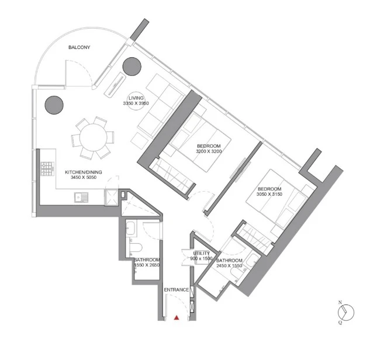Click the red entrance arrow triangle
pyautogui.click(x=176, y=317)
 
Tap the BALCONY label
pyautogui.click(x=80, y=47)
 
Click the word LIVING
pyautogui.click(x=136, y=98)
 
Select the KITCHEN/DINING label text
pyautogui.click(x=84, y=172)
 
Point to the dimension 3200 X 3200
pyautogui.click(x=209, y=151)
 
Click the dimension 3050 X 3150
pyautogui.click(x=269, y=194)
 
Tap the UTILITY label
pyautogui.click(x=202, y=254)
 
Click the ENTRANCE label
pyautogui.click(x=177, y=290)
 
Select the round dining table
pyautogui.click(x=94, y=137)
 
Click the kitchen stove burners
pyautogui.click(x=47, y=169)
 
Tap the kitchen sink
pyautogui.click(x=81, y=198)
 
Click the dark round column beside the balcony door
pyautogui.click(x=132, y=67)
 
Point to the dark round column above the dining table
pyautogui.click(x=54, y=105)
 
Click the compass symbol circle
pyautogui.click(x=346, y=313)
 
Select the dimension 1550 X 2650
pyautogui.click(x=147, y=265)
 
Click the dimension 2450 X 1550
pyautogui.click(x=229, y=266)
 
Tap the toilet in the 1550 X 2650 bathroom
pyautogui.click(x=136, y=248)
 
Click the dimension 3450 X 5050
pyautogui.click(x=84, y=177)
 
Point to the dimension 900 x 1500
pyautogui.click(x=202, y=258)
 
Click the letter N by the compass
pyautogui.click(x=340, y=302)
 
